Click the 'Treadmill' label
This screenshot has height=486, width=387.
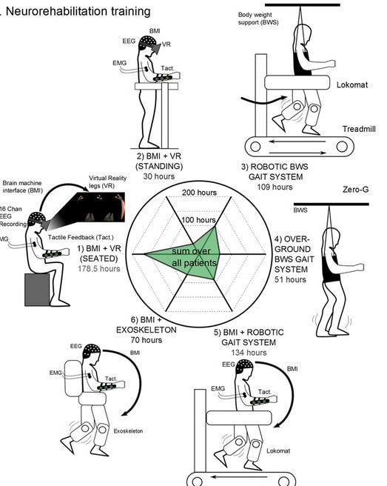[358, 129]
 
